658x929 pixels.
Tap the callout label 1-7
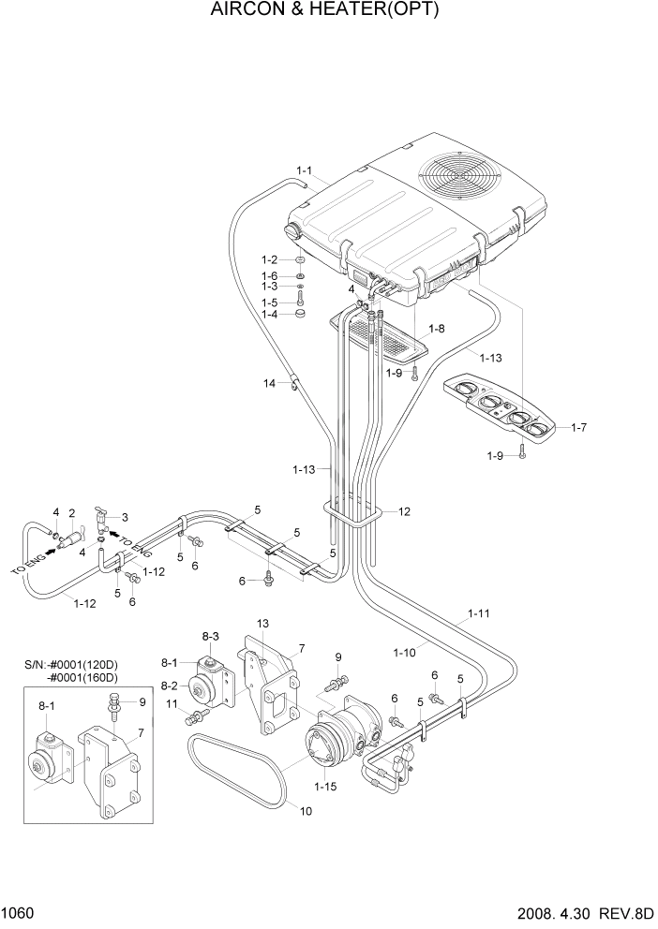578,427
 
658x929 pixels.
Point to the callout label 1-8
436,329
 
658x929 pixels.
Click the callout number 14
270,382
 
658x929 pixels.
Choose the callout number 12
404,512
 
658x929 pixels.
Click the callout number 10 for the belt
304,811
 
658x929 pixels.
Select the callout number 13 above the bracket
263,623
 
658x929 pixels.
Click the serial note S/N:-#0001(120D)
77,665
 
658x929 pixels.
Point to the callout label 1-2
269,259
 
